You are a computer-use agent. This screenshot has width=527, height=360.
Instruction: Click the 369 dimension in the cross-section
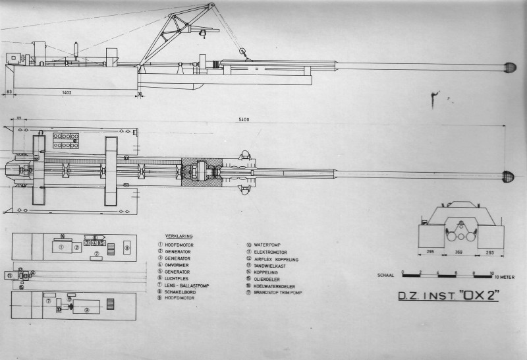(462, 251)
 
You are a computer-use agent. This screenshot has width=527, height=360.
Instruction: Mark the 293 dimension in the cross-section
(491, 251)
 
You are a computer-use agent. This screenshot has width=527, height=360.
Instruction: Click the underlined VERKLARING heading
(179, 236)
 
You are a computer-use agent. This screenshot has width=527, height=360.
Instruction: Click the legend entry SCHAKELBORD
(180, 291)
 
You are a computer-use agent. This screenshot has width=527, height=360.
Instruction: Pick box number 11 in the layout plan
(9, 276)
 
